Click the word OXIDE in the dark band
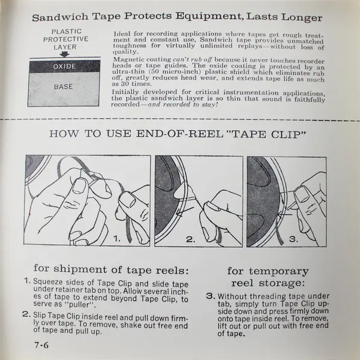tap(64, 67)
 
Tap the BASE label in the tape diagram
tap(64, 86)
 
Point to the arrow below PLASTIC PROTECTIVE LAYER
tap(65, 54)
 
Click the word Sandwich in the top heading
tap(60, 17)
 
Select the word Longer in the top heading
tap(302, 17)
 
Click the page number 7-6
tap(41, 345)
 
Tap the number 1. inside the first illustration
tap(117, 239)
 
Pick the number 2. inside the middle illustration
tap(191, 239)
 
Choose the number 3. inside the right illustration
tap(293, 239)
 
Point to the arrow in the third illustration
tap(284, 215)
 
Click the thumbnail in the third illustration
tap(302, 194)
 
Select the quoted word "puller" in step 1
tap(79, 305)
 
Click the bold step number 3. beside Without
tap(211, 296)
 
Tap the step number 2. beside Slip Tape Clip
tap(26, 314)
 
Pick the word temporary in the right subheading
tap(279, 272)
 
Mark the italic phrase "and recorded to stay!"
tap(182, 104)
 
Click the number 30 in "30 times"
tap(126, 83)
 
